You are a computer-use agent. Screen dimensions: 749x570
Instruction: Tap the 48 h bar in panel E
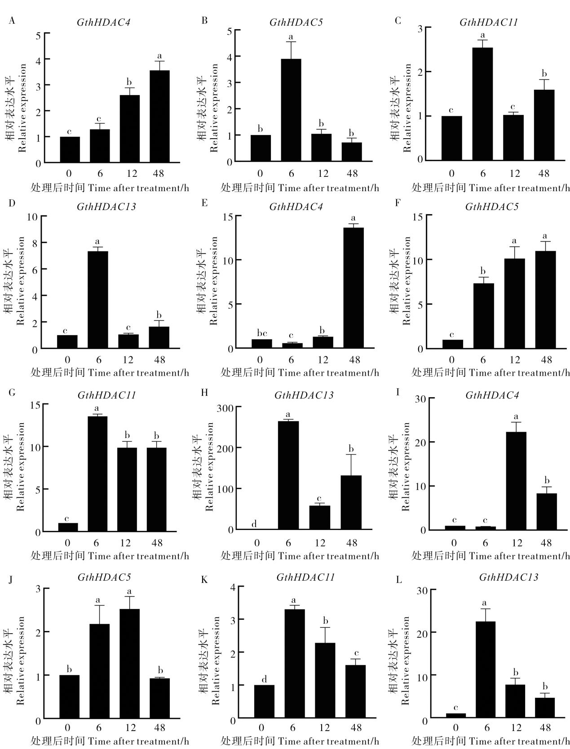coord(353,288)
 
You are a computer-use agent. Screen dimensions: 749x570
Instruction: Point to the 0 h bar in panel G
coord(68,527)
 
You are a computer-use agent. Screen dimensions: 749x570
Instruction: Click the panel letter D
coord(12,203)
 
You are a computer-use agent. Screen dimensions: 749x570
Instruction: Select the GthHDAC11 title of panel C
coord(488,22)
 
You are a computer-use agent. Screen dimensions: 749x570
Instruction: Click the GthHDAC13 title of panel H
coord(304,395)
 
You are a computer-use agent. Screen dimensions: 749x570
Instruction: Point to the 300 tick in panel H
coord(227,407)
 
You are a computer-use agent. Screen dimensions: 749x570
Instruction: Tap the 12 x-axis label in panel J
coord(130,727)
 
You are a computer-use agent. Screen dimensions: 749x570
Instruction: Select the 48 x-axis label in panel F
coord(546,359)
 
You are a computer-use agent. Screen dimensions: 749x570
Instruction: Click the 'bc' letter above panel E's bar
coord(262,333)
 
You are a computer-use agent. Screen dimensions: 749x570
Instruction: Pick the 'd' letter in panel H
coord(254,524)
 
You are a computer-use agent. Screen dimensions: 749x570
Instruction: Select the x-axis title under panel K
coord(300,741)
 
